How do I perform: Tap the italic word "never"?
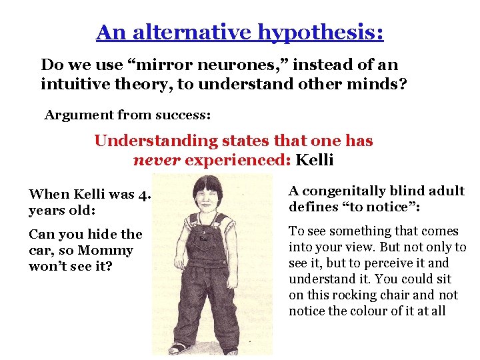[157, 161]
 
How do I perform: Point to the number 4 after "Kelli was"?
[141, 195]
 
